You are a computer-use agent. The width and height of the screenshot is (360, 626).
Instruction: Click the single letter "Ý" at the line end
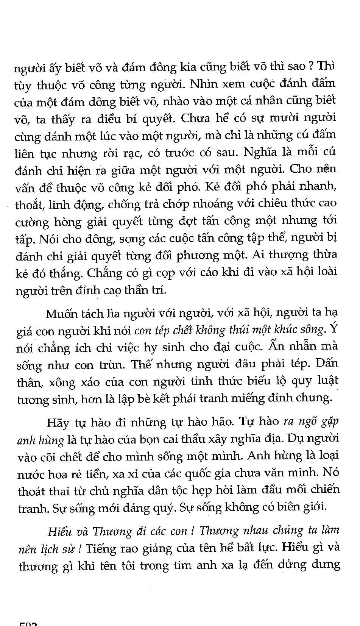coord(333,329)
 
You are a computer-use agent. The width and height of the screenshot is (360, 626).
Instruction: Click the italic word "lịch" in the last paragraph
coord(47,549)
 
